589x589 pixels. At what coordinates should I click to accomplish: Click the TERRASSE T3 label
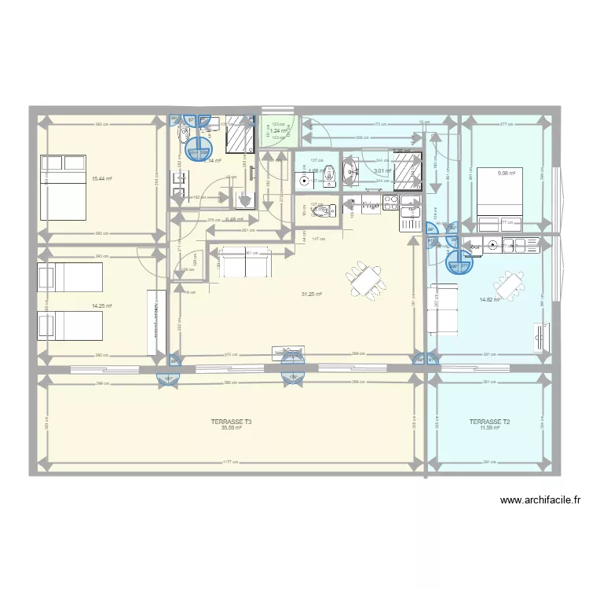[x=232, y=422]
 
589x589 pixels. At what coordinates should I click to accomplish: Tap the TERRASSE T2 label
[x=490, y=422]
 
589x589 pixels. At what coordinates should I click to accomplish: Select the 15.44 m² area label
[x=101, y=179]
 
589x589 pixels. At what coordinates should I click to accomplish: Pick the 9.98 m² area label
[x=507, y=174]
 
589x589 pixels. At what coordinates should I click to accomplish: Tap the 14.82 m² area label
[x=490, y=299]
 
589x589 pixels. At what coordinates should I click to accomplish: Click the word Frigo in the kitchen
[x=371, y=206]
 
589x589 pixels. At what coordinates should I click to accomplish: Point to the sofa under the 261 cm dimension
[x=246, y=263]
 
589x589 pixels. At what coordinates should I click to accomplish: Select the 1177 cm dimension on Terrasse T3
[x=229, y=462]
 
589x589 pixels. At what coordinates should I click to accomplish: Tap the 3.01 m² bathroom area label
[x=382, y=170]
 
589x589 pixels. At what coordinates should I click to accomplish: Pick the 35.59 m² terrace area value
[x=232, y=428]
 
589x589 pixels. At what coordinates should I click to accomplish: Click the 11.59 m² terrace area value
[x=490, y=428]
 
